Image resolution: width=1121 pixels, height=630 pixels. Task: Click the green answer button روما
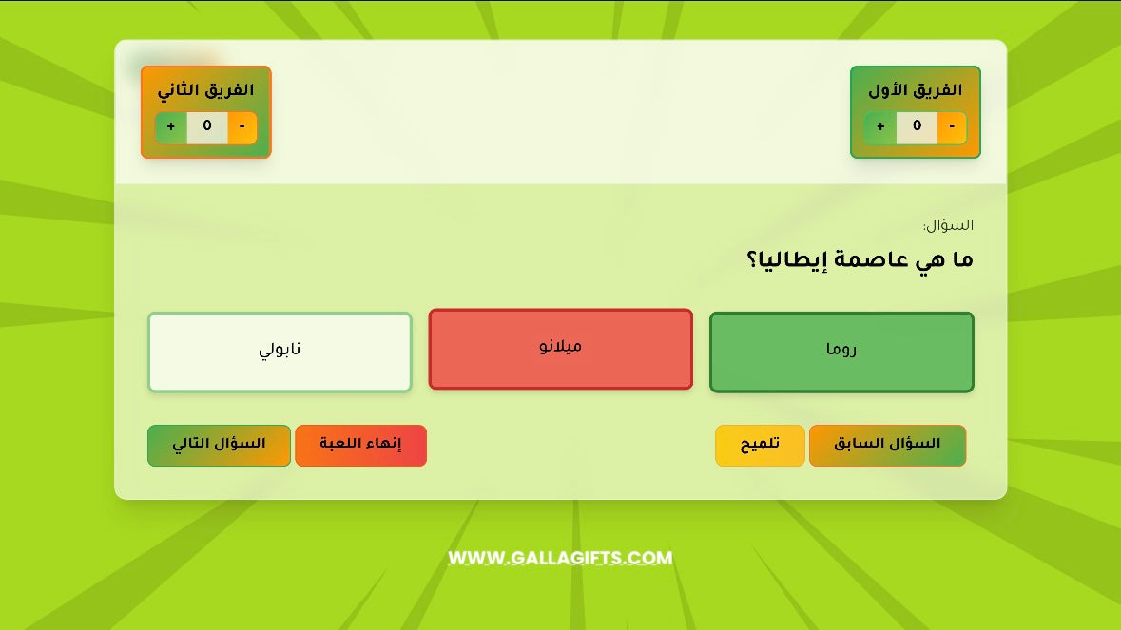click(841, 352)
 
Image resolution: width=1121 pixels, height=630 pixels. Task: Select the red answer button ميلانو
click(560, 349)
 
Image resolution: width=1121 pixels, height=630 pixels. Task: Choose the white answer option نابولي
click(280, 352)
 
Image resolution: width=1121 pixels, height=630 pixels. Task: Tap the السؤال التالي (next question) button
click(219, 445)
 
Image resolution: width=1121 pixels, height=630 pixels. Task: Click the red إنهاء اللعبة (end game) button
click(360, 445)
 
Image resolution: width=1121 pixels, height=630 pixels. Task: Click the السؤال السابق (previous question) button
click(887, 445)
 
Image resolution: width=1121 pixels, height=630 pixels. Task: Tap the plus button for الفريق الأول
click(880, 126)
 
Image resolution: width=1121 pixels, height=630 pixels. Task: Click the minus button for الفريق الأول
click(952, 126)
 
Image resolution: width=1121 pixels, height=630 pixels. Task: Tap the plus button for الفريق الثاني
click(171, 126)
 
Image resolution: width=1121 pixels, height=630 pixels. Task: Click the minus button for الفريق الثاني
click(242, 126)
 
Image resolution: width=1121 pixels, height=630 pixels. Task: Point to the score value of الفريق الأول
click(917, 126)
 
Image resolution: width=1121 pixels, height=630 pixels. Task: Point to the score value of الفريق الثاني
click(207, 126)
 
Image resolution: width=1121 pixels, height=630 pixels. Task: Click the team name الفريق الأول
click(915, 90)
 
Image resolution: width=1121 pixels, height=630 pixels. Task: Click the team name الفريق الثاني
click(205, 90)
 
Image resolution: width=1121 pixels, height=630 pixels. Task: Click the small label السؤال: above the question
click(948, 226)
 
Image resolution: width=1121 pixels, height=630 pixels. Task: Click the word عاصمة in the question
click(866, 259)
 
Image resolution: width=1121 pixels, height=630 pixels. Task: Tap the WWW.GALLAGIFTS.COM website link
click(560, 558)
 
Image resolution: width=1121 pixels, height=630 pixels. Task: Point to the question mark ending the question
click(752, 259)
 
